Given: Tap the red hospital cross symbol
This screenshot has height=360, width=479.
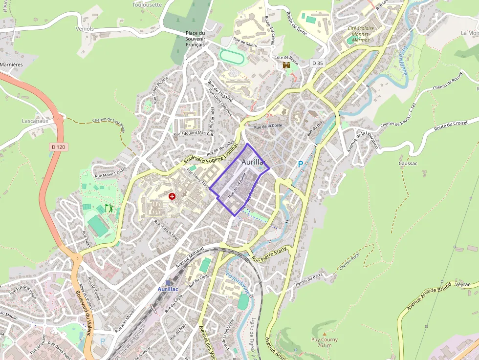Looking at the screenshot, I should click(172, 196).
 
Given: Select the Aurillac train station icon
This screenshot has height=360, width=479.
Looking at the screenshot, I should click(168, 282).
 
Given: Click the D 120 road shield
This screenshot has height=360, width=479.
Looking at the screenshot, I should click(58, 147).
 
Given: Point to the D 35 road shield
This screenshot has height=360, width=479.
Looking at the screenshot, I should click(317, 63).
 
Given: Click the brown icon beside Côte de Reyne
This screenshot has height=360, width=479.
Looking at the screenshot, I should click(286, 65).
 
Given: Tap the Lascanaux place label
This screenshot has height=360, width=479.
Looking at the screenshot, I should click(36, 120).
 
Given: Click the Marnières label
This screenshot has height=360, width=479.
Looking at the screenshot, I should click(12, 64).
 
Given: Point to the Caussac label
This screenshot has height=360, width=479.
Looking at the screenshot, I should click(408, 163).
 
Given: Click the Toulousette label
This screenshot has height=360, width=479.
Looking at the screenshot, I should click(147, 4).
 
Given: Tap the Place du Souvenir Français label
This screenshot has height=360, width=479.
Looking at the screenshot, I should click(195, 39).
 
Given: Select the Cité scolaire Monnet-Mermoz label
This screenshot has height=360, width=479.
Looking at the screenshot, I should click(361, 34).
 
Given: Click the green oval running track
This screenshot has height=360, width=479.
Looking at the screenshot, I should click(231, 56).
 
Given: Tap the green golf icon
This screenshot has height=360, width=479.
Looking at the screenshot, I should click(109, 208).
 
